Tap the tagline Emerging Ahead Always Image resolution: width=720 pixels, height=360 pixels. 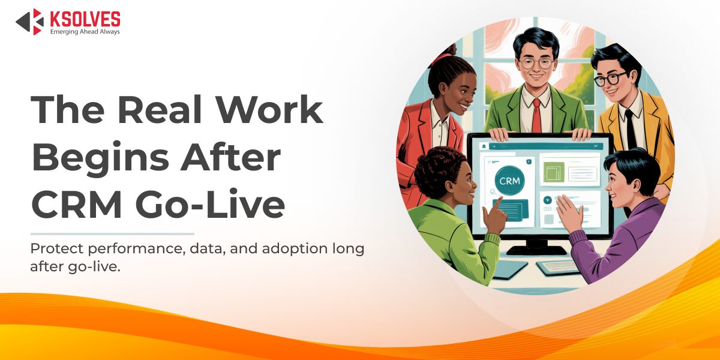pyautogui.click(x=85, y=31)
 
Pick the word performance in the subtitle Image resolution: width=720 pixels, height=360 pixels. pyautogui.click(x=119, y=248)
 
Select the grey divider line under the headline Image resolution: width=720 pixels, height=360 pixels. pyautogui.click(x=112, y=234)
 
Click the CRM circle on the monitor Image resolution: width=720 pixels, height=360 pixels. pyautogui.click(x=508, y=180)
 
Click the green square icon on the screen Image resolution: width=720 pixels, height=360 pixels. pyautogui.click(x=553, y=172)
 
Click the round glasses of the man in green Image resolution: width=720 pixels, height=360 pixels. pyautogui.click(x=536, y=62)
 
